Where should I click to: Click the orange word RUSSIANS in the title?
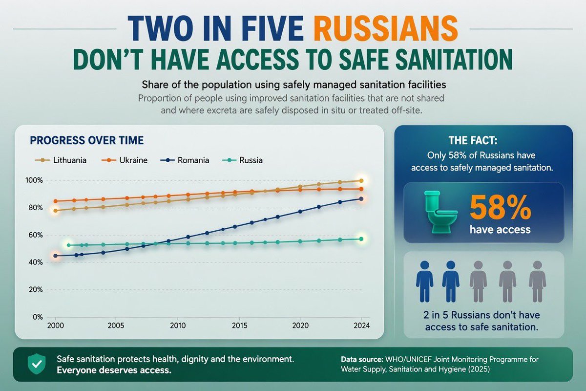coord(386,28)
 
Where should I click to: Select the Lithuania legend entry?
coord(61,160)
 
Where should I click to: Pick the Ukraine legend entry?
coord(124,160)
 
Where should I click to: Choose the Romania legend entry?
coord(185,160)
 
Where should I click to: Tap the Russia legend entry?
coord(242,160)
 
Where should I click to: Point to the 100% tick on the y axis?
coord(34,180)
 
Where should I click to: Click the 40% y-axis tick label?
coord(34,262)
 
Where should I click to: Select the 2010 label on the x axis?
coord(178,326)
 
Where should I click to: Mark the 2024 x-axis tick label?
coord(361,326)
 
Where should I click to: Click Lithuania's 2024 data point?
coord(361,180)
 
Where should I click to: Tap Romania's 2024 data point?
coord(361,199)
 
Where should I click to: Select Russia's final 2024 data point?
coord(361,239)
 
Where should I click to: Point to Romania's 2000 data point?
coord(56,256)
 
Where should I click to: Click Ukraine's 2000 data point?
coord(56,201)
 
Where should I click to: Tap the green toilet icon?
coord(440,212)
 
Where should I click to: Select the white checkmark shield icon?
coord(37,364)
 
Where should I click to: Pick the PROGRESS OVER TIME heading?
coord(87,140)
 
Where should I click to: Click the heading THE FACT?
coord(473,140)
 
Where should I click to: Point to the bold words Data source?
coord(362,359)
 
